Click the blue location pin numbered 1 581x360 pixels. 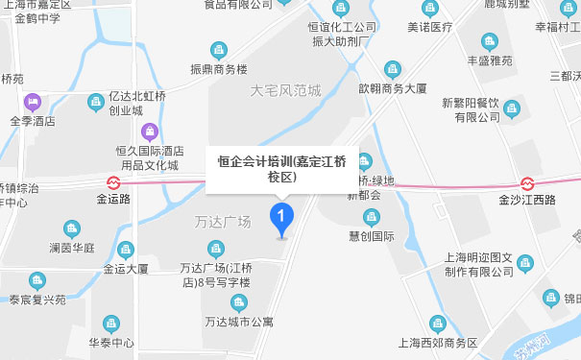(281, 218)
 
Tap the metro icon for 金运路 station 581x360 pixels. (113, 182)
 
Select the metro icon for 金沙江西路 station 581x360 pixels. (527, 182)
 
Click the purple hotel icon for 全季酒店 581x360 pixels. (34, 101)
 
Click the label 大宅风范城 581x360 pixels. (285, 91)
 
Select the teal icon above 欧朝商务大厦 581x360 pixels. (391, 67)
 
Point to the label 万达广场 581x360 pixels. (222, 222)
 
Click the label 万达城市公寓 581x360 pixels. (229, 320)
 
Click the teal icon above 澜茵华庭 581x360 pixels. (71, 228)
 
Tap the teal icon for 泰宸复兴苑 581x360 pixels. (38, 280)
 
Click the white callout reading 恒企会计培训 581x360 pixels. (282, 168)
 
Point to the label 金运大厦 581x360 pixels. (124, 270)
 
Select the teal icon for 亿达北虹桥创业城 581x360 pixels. (95, 101)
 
